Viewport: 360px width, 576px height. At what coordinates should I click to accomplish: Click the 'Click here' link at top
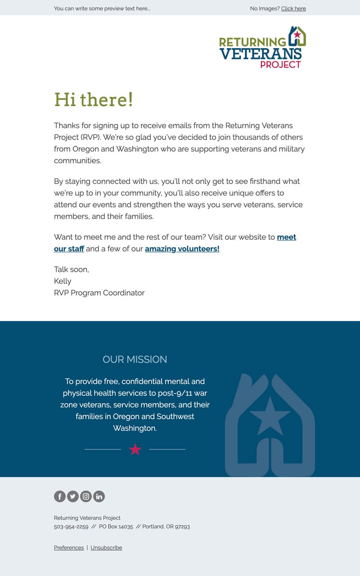pos(293,9)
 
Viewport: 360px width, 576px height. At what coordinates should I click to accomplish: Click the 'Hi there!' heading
pos(94,99)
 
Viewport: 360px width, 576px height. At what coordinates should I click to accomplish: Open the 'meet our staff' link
pos(286,237)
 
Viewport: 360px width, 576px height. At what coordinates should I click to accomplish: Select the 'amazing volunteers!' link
pos(182,249)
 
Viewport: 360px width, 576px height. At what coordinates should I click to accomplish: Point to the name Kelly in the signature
pos(63,281)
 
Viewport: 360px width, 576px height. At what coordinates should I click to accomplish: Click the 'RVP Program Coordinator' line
pos(99,293)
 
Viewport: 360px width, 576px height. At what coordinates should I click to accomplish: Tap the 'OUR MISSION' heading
pos(135,359)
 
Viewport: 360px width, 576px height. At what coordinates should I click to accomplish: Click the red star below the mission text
pos(135,449)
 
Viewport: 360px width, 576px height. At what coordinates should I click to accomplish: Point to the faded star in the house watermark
pos(270,416)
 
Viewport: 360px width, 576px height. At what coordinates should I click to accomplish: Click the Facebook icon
pos(60,496)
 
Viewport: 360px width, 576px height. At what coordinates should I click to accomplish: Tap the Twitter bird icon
pos(73,496)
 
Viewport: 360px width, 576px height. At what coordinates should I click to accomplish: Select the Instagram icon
pos(86,496)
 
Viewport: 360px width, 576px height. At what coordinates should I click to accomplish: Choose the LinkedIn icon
pos(99,496)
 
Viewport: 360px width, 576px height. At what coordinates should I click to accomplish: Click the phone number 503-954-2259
pos(71,527)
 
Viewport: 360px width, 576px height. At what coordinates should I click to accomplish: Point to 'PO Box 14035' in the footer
pos(116,527)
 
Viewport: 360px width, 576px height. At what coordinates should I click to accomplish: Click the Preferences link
pos(69,548)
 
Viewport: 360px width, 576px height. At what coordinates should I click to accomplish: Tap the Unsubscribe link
pos(106,548)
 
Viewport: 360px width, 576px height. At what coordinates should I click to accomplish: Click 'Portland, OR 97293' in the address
pos(166,527)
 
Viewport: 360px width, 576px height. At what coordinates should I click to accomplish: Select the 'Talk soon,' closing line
pos(72,269)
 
